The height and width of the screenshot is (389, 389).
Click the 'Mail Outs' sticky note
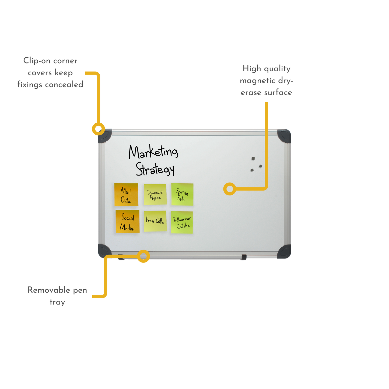pyautogui.click(x=126, y=195)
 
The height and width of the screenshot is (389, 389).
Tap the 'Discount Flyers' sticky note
pyautogui.click(x=155, y=194)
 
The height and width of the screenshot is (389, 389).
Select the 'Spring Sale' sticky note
pyautogui.click(x=182, y=194)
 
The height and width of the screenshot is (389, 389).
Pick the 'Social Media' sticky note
pyautogui.click(x=127, y=221)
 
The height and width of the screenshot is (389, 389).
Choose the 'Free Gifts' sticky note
pyautogui.click(x=155, y=221)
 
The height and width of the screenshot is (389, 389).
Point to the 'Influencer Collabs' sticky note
pyautogui.click(x=182, y=222)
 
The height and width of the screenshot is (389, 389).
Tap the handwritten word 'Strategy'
pyautogui.click(x=155, y=169)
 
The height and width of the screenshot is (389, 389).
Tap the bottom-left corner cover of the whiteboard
pyautogui.click(x=104, y=251)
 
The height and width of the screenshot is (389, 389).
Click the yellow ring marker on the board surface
pyautogui.click(x=230, y=189)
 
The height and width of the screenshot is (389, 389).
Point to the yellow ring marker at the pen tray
pyautogui.click(x=143, y=256)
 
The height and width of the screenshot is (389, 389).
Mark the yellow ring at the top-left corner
pyautogui.click(x=98, y=129)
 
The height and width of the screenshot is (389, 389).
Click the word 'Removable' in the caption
pyautogui.click(x=49, y=290)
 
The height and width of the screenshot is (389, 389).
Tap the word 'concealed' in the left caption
pyautogui.click(x=64, y=84)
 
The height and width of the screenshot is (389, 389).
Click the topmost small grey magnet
pyautogui.click(x=253, y=159)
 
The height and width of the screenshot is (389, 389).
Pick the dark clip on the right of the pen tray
pyautogui.click(x=244, y=257)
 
